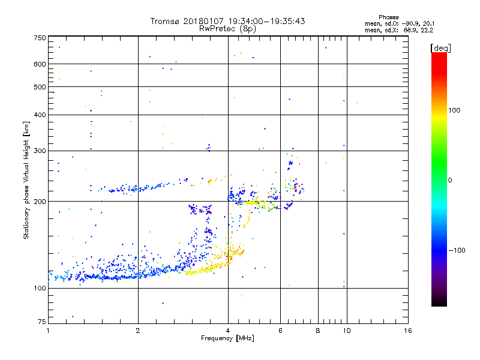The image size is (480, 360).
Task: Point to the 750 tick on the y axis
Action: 39,38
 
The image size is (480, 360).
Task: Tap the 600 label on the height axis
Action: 39,64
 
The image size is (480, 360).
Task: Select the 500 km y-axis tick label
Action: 39,87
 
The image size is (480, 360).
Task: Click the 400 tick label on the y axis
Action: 39,115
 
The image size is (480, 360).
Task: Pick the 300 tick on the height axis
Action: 39,151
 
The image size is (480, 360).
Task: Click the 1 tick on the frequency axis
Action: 48,331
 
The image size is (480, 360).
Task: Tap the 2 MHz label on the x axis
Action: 138,331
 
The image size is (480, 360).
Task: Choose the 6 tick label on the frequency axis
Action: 280,331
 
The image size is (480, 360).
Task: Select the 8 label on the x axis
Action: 318,331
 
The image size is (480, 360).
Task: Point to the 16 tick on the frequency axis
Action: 407,331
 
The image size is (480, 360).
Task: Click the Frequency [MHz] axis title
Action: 228,338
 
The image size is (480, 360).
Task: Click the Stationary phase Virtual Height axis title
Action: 26,180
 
